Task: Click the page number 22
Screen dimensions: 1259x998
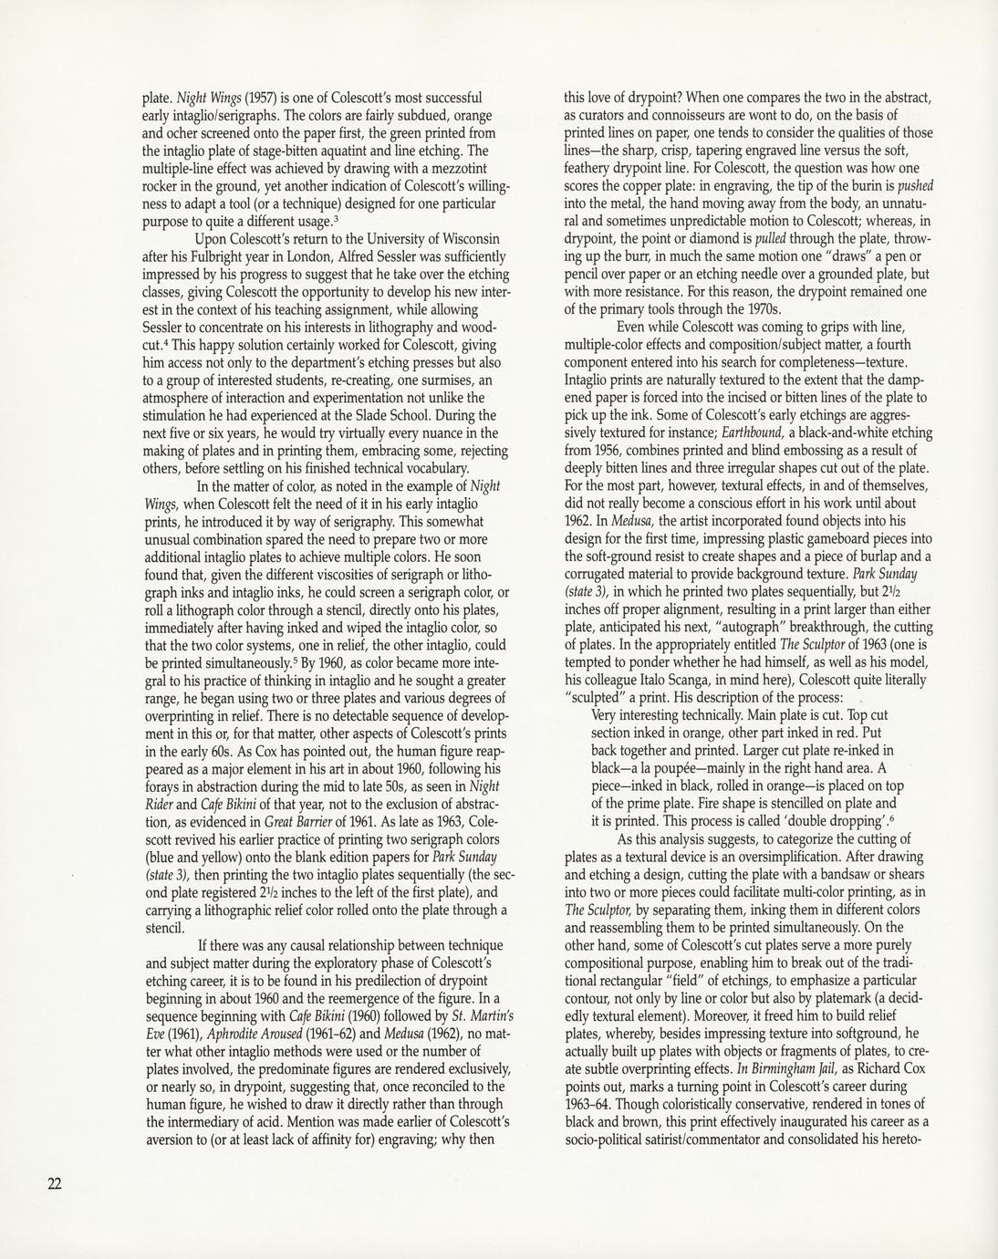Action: pos(55,1183)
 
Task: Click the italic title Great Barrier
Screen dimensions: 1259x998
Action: pos(293,821)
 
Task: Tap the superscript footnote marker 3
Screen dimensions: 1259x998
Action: pos(337,219)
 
